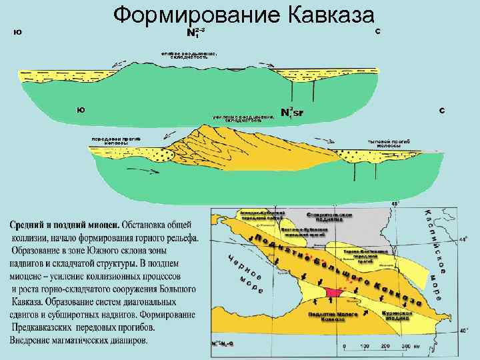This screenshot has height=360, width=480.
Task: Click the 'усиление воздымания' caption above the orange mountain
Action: [x=243, y=119]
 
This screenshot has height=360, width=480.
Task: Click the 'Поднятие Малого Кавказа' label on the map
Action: [x=326, y=317]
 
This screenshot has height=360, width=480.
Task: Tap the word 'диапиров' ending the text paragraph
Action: [x=127, y=341]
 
